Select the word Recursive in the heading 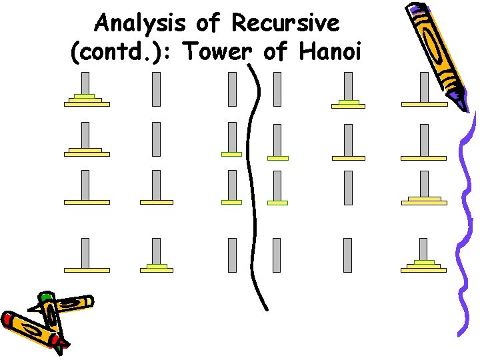[x=285, y=24]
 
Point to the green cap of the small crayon [x=45, y=297]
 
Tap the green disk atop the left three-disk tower [x=85, y=96]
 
